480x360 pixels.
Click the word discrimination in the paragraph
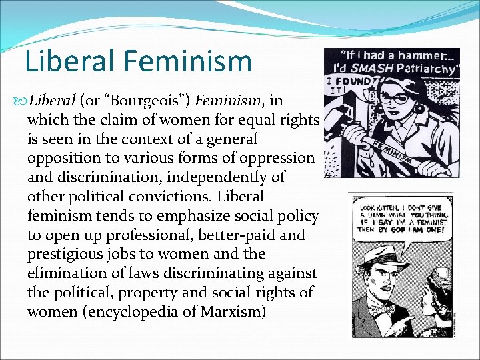[x=110, y=178]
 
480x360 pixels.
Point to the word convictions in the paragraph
[x=174, y=197]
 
